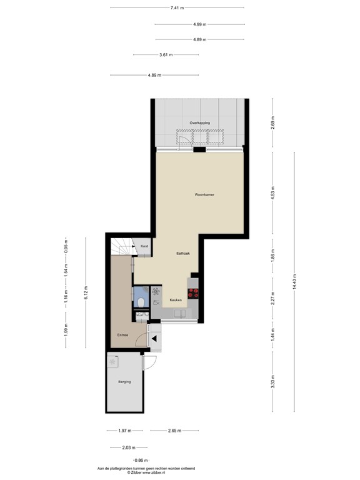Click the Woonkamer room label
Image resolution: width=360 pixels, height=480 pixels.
pyautogui.click(x=204, y=195)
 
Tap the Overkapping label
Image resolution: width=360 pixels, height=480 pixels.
pyautogui.click(x=200, y=123)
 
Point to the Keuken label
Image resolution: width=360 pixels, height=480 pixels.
pyautogui.click(x=176, y=301)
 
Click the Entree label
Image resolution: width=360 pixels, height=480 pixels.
pyautogui.click(x=122, y=336)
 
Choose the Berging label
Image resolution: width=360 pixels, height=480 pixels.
pyautogui.click(x=124, y=381)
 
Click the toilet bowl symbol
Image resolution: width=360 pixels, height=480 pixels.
pyautogui.click(x=142, y=302)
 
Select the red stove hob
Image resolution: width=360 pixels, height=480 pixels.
pyautogui.click(x=193, y=293)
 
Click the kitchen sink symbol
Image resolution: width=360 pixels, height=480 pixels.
pyautogui.click(x=178, y=311)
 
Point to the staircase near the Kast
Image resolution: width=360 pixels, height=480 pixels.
pyautogui.click(x=121, y=247)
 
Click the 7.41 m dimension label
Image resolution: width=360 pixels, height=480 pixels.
pyautogui.click(x=177, y=7)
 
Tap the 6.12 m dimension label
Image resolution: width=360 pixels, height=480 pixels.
pyautogui.click(x=87, y=292)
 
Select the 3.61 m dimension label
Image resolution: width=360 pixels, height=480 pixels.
pyautogui.click(x=166, y=54)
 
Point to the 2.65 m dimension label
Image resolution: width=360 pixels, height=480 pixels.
pyautogui.click(x=174, y=431)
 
